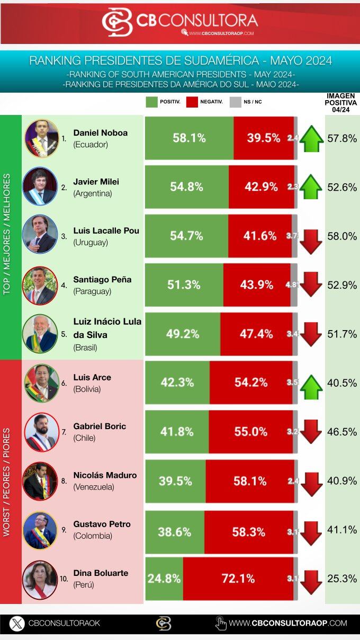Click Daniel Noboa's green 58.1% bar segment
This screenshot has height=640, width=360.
(x=188, y=138)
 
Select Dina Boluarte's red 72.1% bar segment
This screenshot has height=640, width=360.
(x=238, y=579)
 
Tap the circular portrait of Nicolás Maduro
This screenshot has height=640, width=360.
(x=40, y=481)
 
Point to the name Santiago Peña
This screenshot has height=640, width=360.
(x=102, y=279)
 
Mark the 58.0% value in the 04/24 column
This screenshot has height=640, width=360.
(x=342, y=236)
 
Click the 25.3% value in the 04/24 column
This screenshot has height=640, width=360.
(x=342, y=579)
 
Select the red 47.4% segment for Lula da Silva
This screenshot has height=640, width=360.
(x=256, y=334)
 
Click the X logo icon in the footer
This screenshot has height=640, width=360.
(x=17, y=623)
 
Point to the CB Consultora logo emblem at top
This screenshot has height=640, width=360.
(x=117, y=22)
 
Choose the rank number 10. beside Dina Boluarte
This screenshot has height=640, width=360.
(x=64, y=579)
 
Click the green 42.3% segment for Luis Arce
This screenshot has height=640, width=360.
(x=177, y=383)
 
